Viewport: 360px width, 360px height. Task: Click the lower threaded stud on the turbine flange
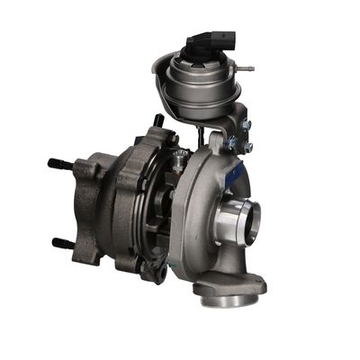coord(63,243)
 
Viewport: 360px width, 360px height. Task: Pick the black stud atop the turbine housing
coord(158,120)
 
